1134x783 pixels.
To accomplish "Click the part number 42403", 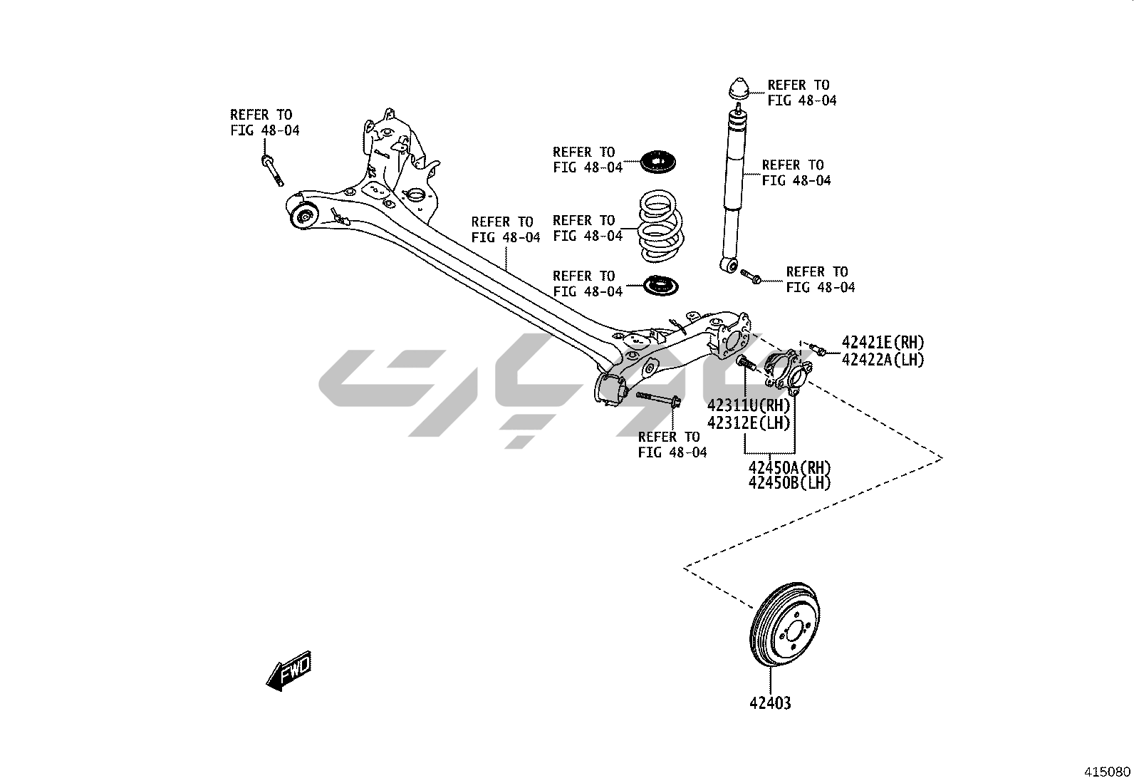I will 769,703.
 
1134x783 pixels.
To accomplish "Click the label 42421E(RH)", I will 883,343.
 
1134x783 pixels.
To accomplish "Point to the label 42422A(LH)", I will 883,361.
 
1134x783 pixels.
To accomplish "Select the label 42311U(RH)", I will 749,406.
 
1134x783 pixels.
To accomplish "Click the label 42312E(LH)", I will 749,422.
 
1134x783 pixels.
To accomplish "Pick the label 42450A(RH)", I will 790,468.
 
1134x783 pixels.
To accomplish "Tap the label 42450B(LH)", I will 790,483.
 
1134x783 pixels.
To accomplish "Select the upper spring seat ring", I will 660,162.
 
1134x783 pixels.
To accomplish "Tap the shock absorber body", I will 734,185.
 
